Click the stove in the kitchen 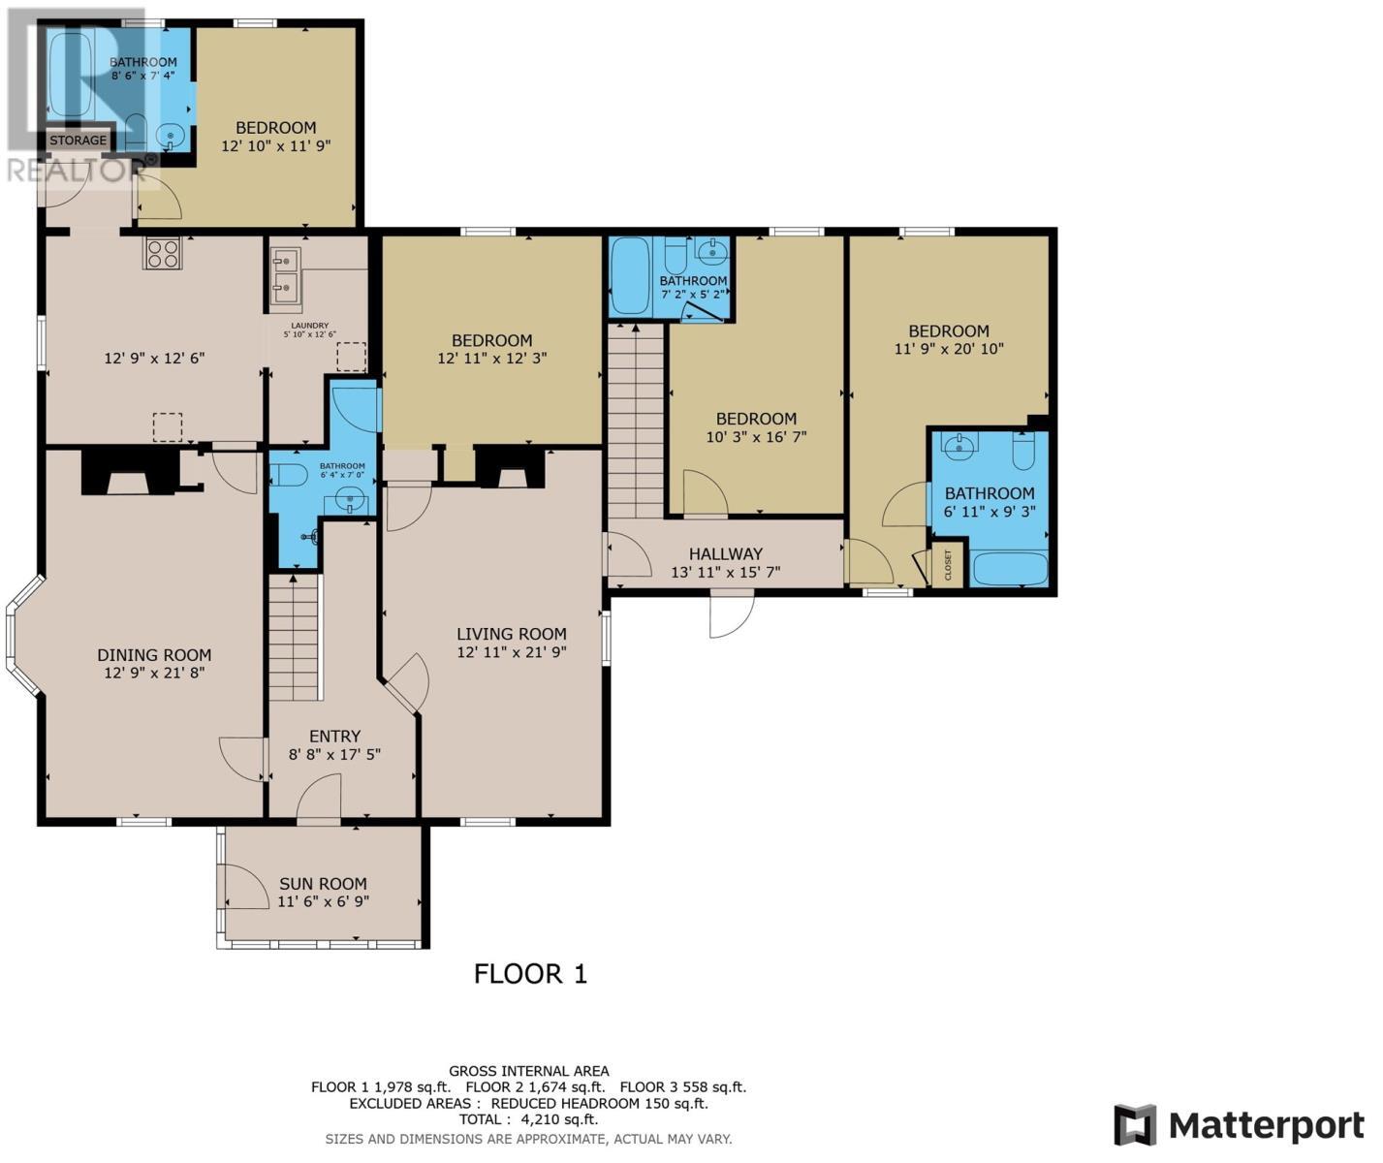coord(162,253)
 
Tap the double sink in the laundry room coord(285,271)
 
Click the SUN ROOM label coord(323,884)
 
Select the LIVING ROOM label coord(512,634)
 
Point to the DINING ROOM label coord(154,655)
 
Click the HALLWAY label coord(725,553)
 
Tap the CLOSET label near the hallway coord(948,566)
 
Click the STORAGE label coord(79,141)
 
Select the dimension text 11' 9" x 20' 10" coord(948,349)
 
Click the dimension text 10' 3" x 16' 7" coord(756,437)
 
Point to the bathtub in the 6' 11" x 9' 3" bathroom coord(1010,568)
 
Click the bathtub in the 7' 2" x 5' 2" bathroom coord(629,276)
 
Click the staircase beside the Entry coord(295,637)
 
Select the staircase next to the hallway coord(636,422)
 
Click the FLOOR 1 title coord(530,974)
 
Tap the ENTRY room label coord(334,737)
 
